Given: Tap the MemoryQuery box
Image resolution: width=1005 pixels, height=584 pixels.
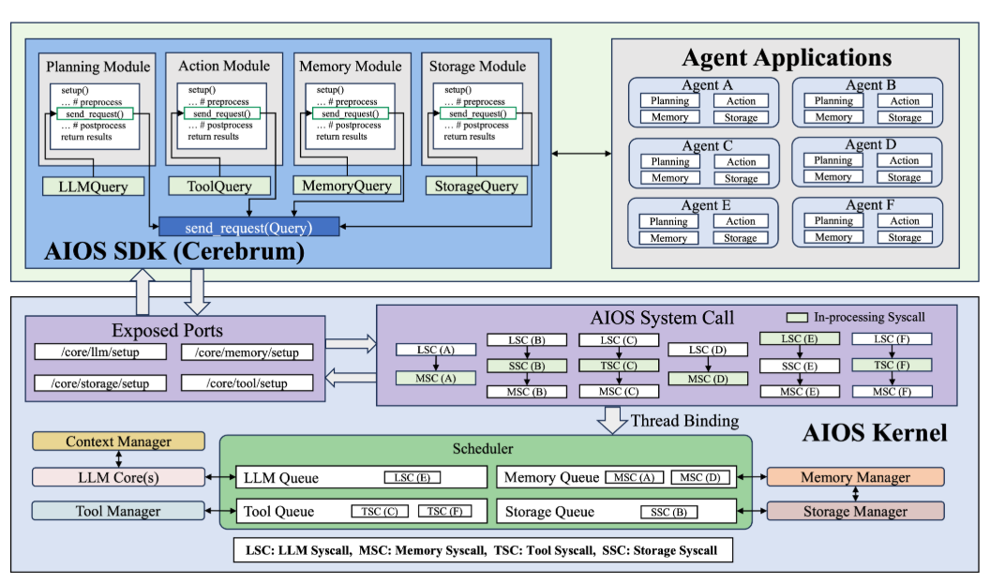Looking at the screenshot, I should [x=346, y=186].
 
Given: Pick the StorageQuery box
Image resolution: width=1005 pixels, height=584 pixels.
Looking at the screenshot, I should [x=476, y=186].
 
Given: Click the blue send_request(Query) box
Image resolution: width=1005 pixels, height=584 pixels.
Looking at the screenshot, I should [x=248, y=227].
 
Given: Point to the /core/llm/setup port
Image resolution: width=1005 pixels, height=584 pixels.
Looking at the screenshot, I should [x=100, y=352].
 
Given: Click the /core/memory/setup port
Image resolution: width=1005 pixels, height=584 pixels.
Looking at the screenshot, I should [x=247, y=352].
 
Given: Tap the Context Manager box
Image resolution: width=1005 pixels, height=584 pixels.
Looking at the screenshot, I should [x=118, y=442].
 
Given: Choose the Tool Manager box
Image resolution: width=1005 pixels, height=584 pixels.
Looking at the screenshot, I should [x=118, y=511].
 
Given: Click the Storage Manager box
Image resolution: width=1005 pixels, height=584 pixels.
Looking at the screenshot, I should [x=855, y=511].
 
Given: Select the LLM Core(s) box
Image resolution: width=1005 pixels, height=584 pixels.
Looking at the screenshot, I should [x=118, y=477].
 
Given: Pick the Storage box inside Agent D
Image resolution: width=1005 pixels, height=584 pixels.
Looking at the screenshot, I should [x=905, y=177].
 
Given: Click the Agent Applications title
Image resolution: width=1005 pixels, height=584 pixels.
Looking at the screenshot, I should [x=786, y=58].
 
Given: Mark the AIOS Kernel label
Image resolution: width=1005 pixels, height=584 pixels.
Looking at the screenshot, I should [x=875, y=432].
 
